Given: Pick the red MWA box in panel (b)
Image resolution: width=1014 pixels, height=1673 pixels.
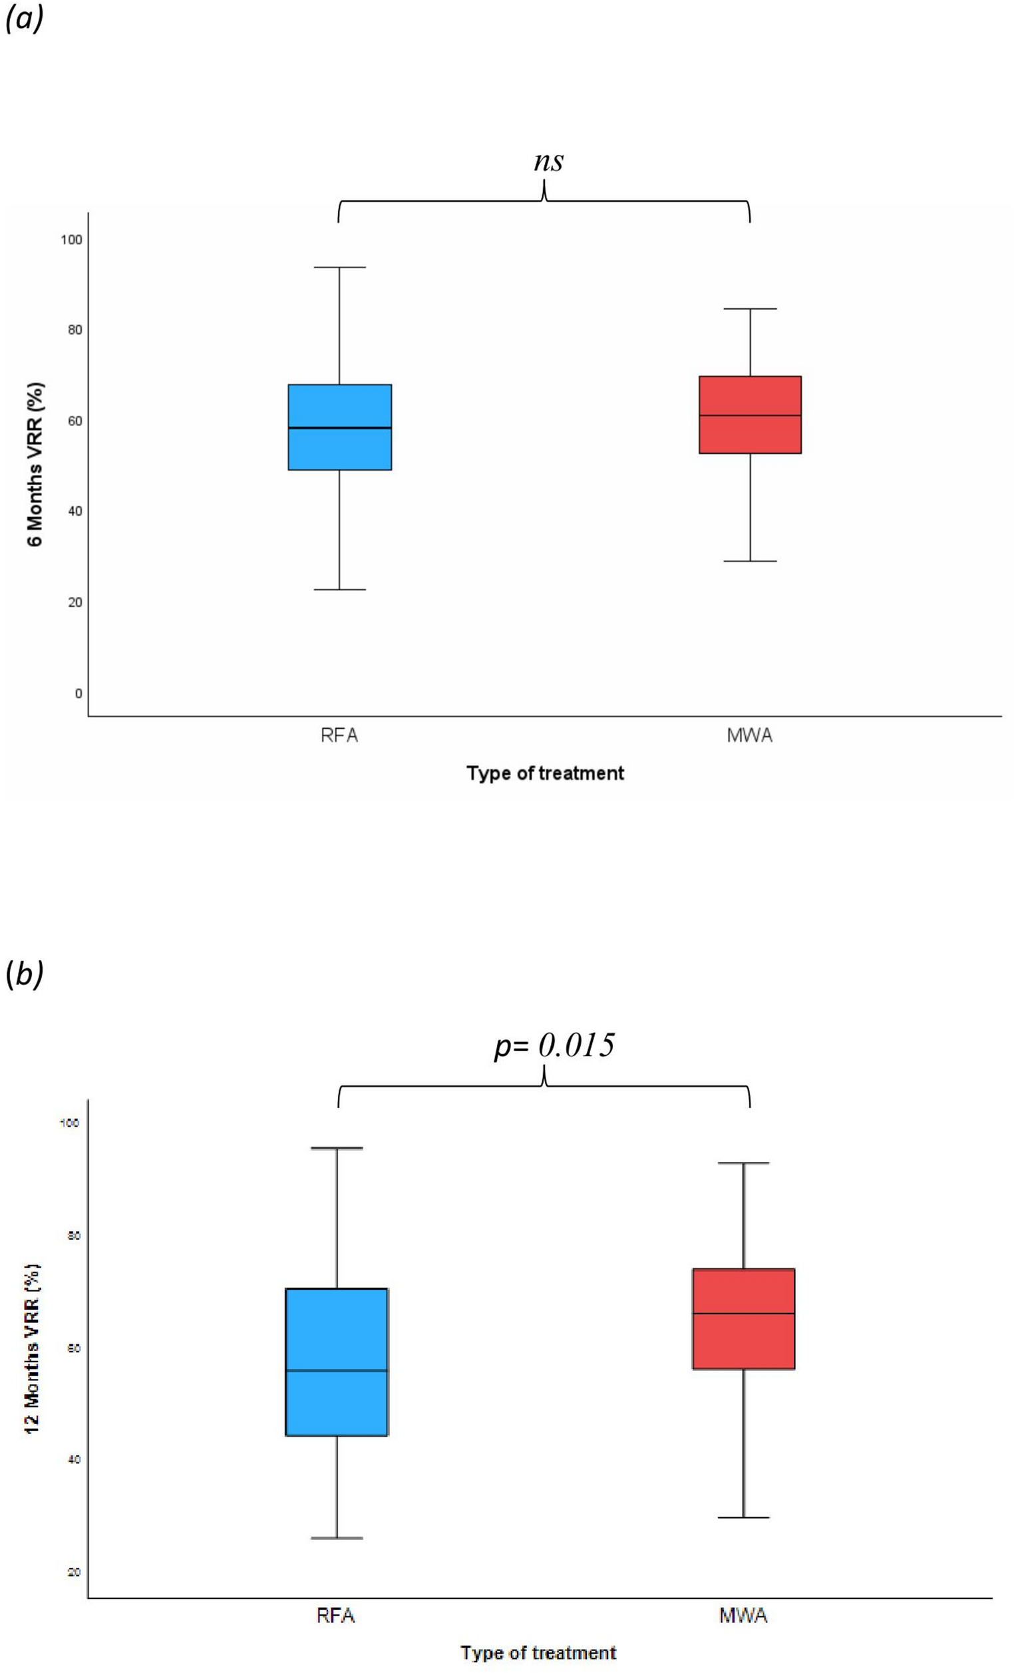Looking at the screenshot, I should click(743, 1318).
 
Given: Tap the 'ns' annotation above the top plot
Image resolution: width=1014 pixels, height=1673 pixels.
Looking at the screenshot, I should click(548, 162).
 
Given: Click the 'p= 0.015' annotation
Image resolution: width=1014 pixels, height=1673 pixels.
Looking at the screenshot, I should click(554, 1045).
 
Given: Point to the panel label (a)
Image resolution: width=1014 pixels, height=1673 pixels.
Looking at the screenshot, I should click(24, 19).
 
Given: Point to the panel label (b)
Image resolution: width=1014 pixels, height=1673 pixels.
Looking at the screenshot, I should click(24, 974).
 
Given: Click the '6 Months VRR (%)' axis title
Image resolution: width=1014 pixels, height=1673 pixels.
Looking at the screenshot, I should click(35, 465).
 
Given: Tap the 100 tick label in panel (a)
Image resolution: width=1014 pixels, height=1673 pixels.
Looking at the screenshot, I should click(71, 240).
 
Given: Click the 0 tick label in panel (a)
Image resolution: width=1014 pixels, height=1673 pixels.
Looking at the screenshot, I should click(79, 693).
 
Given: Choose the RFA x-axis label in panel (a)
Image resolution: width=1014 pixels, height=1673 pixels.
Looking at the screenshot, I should click(339, 735).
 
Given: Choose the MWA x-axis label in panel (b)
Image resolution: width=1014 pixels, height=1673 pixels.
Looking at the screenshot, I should click(743, 1615).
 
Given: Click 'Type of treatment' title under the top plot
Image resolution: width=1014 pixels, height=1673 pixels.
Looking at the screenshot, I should click(545, 773).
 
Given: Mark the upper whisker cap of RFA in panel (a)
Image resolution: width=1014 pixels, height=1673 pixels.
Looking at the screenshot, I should click(339, 268).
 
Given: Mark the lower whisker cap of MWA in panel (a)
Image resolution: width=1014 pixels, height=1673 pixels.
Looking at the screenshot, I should click(750, 562).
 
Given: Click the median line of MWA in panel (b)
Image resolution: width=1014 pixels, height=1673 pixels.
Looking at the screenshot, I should click(743, 1313).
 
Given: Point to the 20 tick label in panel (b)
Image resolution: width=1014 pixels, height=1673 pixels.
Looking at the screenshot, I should click(74, 1573).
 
